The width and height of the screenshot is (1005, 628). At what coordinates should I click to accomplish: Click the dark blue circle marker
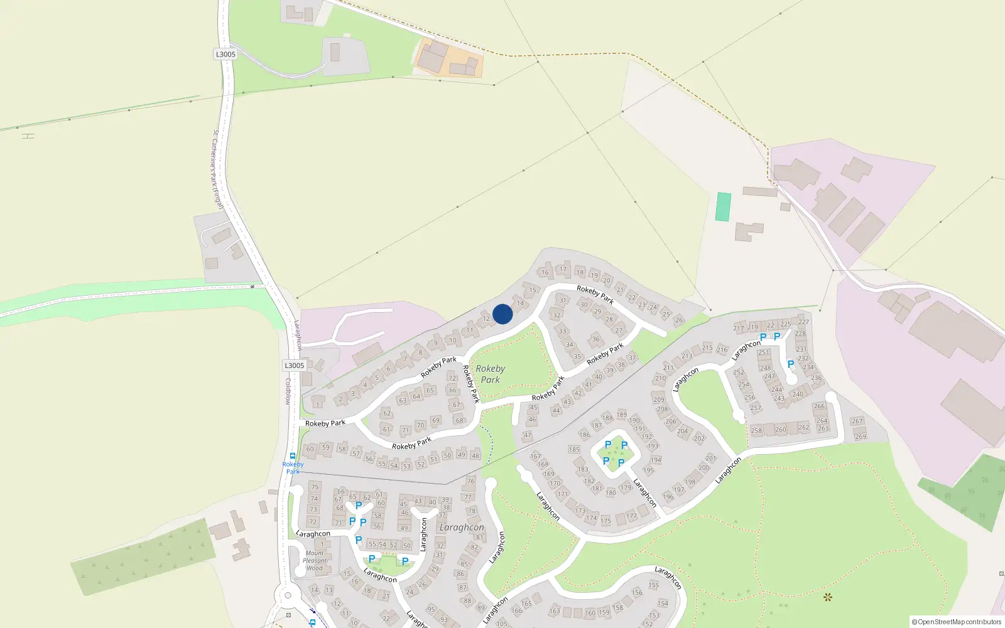coord(503,314)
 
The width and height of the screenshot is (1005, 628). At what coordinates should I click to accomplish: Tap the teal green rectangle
coord(723,207)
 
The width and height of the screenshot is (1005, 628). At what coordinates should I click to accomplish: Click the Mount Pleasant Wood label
coord(315,561)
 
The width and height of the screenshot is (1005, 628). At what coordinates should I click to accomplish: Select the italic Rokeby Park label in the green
coord(490,374)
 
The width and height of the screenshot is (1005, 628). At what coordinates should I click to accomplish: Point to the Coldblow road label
coord(288,391)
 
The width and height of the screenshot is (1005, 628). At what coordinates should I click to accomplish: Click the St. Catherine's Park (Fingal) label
coord(217,170)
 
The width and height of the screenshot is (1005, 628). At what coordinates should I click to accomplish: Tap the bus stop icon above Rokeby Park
coord(292,456)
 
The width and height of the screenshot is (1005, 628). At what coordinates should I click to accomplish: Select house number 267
coord(857,421)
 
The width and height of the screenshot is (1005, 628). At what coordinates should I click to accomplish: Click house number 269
coord(861,436)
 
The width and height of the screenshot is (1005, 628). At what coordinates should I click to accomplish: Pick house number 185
coord(574,450)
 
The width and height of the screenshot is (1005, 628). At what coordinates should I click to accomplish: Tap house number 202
coord(699,438)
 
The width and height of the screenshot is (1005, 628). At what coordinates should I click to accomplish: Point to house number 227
coord(803,322)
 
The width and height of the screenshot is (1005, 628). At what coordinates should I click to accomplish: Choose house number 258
coord(756,431)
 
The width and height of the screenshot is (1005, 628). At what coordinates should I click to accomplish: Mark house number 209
coord(658,399)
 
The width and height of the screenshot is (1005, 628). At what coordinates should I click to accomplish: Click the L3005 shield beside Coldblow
coord(294,365)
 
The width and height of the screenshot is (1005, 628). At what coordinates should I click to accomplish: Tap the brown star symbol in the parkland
coord(828,597)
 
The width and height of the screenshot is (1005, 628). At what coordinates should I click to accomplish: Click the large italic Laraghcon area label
coord(462,528)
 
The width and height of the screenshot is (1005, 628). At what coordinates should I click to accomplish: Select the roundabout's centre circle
coord(288,595)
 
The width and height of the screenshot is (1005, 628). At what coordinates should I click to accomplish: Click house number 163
coord(555,610)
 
